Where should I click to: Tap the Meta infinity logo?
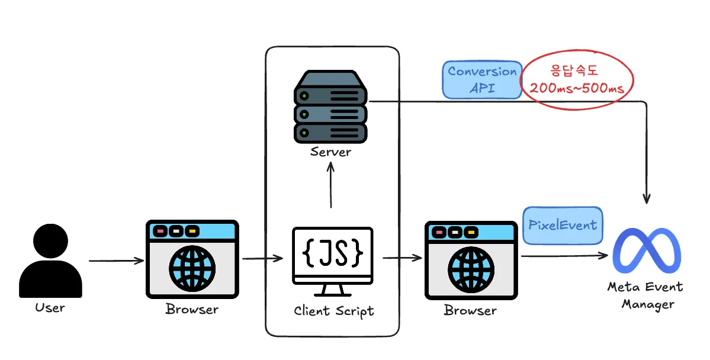point(647,250)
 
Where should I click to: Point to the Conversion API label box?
point(482,80)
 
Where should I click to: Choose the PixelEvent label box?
point(563,226)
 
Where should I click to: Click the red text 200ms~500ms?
point(577,88)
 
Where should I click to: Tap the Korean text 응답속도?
point(574,70)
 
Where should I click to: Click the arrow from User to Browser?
point(117,261)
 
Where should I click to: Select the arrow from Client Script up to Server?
point(330,185)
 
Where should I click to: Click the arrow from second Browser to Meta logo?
point(565,256)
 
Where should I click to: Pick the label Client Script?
point(334,311)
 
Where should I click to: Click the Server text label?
point(330,152)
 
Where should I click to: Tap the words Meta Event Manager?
point(645,295)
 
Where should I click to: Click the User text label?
point(50,308)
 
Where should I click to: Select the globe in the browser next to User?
point(192,268)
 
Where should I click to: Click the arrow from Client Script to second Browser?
point(402,258)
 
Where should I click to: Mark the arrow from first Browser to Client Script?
point(263,259)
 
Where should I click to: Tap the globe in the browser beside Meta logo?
point(471,269)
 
